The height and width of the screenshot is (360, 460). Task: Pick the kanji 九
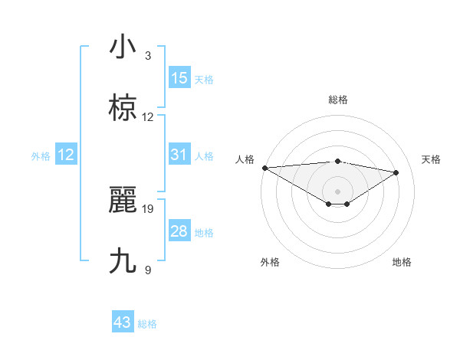tap(123, 261)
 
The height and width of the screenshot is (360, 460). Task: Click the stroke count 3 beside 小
tap(148, 56)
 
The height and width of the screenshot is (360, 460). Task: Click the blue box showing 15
tap(179, 78)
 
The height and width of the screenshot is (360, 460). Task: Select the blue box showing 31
tap(179, 155)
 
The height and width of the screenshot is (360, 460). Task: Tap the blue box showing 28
tap(179, 231)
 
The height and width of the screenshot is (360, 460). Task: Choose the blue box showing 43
tap(123, 322)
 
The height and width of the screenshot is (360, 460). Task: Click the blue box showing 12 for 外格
tap(66, 155)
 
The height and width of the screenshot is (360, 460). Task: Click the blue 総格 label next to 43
tap(147, 324)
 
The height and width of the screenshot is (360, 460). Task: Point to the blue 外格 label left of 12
tap(41, 156)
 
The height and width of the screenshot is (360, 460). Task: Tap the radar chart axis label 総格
tap(338, 100)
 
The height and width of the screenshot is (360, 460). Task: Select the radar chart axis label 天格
tap(432, 159)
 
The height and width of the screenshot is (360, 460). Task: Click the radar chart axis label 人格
tap(245, 159)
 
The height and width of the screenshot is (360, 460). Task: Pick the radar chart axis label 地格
tap(402, 262)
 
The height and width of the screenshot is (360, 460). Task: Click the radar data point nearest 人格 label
tap(264, 168)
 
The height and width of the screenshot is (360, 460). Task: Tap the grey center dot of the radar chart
tap(338, 191)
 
